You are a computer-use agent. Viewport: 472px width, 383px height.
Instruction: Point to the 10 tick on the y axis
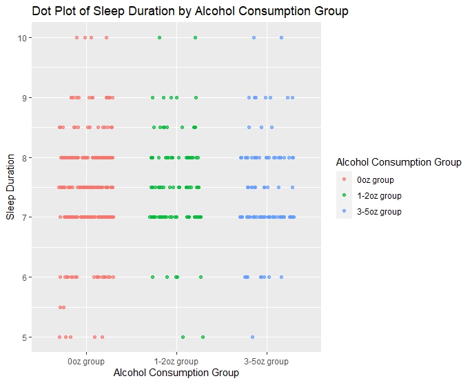click(23, 37)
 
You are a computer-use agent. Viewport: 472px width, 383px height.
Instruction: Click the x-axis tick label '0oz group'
click(86, 361)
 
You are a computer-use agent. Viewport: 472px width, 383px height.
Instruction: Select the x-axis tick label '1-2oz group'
click(176, 361)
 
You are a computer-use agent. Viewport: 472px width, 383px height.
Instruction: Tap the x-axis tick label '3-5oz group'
click(266, 361)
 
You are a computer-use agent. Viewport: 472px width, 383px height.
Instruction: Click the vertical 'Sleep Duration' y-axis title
click(10, 188)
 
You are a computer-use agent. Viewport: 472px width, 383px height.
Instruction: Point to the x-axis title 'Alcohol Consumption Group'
click(176, 373)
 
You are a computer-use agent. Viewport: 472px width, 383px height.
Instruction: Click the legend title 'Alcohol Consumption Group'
click(398, 163)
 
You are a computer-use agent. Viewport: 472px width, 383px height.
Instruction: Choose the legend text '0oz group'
click(376, 180)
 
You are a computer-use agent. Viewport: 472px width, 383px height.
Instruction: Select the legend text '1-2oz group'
click(378, 196)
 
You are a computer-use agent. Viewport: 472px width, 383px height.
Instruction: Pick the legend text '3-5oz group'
click(378, 212)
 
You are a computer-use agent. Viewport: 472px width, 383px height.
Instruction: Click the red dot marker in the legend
click(344, 180)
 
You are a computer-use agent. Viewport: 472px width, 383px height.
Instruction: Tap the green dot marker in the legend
click(344, 196)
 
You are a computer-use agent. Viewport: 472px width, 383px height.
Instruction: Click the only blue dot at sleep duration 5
click(253, 337)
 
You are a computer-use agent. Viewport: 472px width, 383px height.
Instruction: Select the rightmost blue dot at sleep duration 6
click(281, 277)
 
